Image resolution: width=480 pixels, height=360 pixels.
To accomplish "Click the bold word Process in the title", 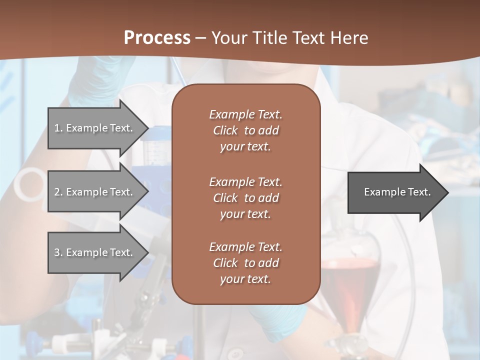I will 157,38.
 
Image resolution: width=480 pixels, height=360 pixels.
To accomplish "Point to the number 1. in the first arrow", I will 58,128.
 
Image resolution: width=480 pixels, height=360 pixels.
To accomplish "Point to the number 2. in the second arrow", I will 58,192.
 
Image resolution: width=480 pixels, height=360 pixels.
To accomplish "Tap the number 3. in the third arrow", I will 58,252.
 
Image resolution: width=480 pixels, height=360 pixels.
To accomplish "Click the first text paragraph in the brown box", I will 245,130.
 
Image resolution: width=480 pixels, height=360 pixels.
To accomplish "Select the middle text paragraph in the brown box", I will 245,198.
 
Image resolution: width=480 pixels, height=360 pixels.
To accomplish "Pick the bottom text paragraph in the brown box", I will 245,263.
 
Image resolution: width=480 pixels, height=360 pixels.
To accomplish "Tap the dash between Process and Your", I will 200,38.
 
